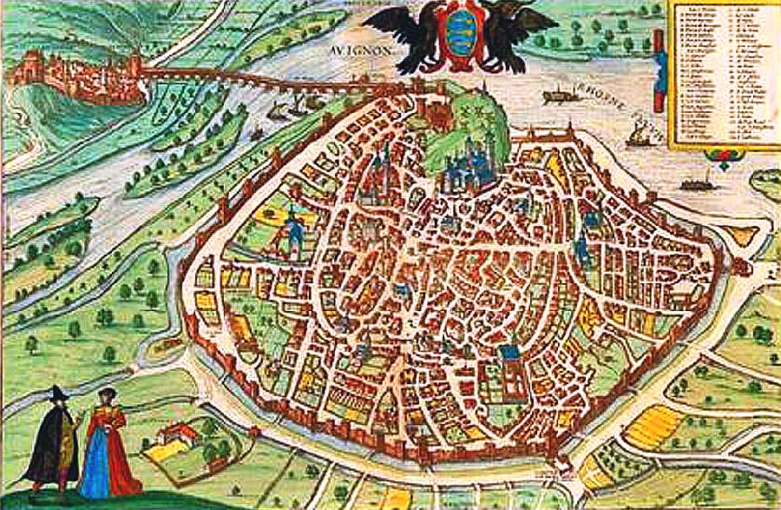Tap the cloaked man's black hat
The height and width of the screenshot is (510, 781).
tap(58, 394)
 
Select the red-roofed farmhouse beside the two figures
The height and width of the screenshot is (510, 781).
tap(177, 434)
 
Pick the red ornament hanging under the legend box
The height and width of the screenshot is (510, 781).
tap(722, 156)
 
